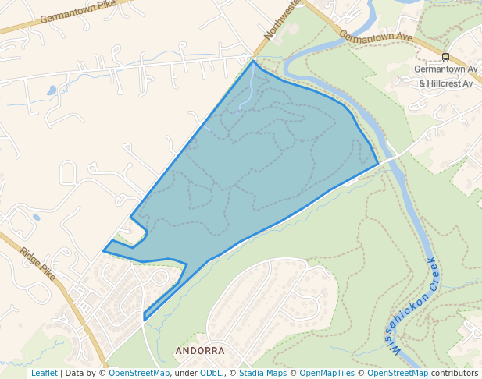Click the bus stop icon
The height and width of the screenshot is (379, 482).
[x=445, y=57]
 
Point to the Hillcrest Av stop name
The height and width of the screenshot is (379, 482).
[x=445, y=83]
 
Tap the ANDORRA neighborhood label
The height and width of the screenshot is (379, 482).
[x=200, y=351]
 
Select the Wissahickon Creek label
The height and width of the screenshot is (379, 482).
[x=415, y=306]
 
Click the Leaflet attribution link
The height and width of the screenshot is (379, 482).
[x=44, y=373]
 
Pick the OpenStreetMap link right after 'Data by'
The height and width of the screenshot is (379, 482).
[x=139, y=373]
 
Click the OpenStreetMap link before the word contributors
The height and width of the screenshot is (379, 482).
[x=398, y=373]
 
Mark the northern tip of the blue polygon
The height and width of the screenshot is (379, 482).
[x=252, y=60]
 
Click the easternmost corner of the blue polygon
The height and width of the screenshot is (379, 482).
[x=378, y=164]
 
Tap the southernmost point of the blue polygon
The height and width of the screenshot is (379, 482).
[x=145, y=320]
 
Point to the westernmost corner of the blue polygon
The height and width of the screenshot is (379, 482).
[x=104, y=250]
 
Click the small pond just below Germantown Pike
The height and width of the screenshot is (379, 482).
[x=52, y=90]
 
